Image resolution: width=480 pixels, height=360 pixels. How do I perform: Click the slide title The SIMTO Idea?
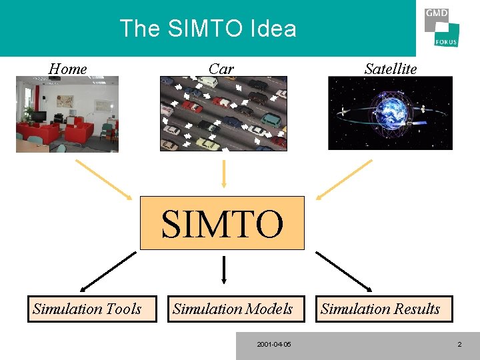click(x=207, y=29)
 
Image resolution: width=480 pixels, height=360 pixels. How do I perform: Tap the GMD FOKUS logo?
click(x=441, y=27)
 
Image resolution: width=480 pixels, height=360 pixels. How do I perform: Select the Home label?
click(x=68, y=69)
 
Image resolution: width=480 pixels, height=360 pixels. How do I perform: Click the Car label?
click(x=221, y=69)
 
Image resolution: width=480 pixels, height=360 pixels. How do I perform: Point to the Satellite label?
click(x=391, y=69)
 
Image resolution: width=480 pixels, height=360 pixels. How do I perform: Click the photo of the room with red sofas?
click(x=67, y=114)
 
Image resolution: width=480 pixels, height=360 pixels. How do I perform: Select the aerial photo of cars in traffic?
click(x=223, y=113)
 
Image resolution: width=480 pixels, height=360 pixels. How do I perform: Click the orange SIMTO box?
click(x=222, y=223)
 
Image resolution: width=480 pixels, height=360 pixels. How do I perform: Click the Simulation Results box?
click(x=380, y=309)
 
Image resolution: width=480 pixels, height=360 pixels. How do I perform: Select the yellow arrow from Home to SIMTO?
click(x=103, y=179)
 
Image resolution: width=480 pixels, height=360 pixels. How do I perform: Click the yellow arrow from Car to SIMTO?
click(x=223, y=173)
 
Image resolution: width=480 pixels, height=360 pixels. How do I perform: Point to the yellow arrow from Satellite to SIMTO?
click(x=344, y=179)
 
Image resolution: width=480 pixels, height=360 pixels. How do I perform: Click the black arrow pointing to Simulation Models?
click(x=223, y=270)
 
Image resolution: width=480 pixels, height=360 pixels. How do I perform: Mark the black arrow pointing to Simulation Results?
click(x=343, y=271)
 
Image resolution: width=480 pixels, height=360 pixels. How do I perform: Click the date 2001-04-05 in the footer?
click(x=273, y=345)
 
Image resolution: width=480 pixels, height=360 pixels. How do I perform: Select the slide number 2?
click(x=459, y=345)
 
